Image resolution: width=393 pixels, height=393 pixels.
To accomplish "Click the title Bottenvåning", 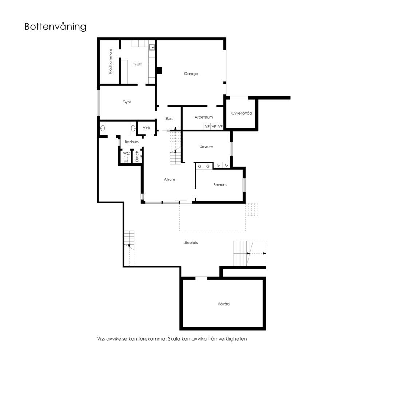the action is pos(55,27).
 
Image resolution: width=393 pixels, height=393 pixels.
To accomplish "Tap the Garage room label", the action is pos(191,74).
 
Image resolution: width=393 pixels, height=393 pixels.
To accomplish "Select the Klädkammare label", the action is pos(110,61).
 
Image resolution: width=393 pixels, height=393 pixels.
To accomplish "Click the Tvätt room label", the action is pos(137,64).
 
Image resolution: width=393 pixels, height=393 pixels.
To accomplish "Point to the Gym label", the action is pos(127,102).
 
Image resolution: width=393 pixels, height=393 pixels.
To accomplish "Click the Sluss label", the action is pos(169,118).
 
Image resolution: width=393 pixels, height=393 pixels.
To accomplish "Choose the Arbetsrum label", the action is pos(203,117).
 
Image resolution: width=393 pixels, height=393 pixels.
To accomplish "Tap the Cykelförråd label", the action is pos(242,113).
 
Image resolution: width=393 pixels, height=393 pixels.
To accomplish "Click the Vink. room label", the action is pos(147,128).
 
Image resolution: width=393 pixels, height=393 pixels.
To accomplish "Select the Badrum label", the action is pos(132,142).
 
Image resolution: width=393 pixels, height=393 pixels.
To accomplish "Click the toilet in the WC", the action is pos(126,159).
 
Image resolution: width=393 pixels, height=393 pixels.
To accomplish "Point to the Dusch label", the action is pos(137,156).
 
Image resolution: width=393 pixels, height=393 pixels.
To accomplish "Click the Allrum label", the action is pos(170,179).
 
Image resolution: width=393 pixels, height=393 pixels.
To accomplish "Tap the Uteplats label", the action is pos(190,243).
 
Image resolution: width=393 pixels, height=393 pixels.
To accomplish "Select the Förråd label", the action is pos(224,304).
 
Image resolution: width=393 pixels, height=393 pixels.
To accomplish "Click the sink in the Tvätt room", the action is pos(152,47).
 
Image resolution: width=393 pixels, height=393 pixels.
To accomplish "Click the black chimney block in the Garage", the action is pos(159,71).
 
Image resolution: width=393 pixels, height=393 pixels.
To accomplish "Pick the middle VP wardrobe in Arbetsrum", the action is pos(214,126).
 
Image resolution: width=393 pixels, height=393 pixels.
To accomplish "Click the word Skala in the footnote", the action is pos(173,339).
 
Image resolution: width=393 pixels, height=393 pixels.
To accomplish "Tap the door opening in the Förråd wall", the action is pos(202,278).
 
